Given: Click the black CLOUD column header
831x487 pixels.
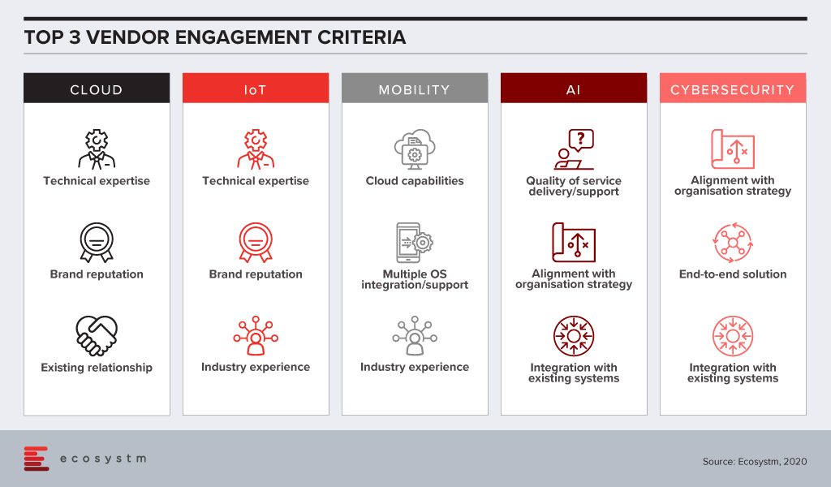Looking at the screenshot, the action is click(97, 88).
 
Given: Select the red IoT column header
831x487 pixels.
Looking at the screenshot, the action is click(256, 88).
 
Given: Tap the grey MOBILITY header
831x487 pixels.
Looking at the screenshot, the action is click(415, 88).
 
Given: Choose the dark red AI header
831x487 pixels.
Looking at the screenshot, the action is click(574, 88).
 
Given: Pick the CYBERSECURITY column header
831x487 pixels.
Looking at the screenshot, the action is click(733, 88).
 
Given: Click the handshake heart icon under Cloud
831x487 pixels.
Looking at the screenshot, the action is click(97, 336).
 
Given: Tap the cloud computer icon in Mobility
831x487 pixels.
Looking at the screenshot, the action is click(415, 149).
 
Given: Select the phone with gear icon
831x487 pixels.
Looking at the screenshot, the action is click(415, 243).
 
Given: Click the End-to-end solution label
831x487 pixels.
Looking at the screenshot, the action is click(733, 274).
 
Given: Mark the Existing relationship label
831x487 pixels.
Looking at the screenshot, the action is click(97, 367).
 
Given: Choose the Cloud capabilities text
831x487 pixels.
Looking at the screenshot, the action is click(415, 181).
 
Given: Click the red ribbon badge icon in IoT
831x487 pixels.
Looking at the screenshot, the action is click(256, 243).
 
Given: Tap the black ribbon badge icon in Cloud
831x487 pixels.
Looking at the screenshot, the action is click(97, 243).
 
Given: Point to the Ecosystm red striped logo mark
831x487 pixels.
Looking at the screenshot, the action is click(36, 459).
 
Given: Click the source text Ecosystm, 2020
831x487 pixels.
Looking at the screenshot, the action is click(755, 462).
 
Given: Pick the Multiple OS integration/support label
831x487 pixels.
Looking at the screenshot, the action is click(415, 279).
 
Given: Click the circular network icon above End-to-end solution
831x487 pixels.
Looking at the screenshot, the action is click(733, 243).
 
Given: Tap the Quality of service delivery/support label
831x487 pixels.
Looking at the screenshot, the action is click(574, 186).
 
